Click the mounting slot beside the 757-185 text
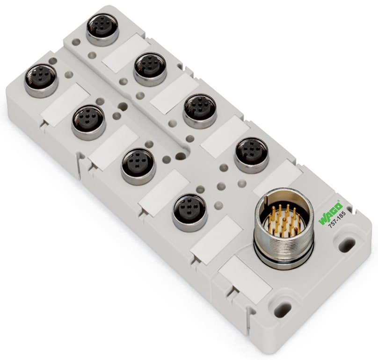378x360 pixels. [x=347, y=244]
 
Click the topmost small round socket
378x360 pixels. [x=102, y=29]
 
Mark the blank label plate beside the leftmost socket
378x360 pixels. [x=65, y=101]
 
